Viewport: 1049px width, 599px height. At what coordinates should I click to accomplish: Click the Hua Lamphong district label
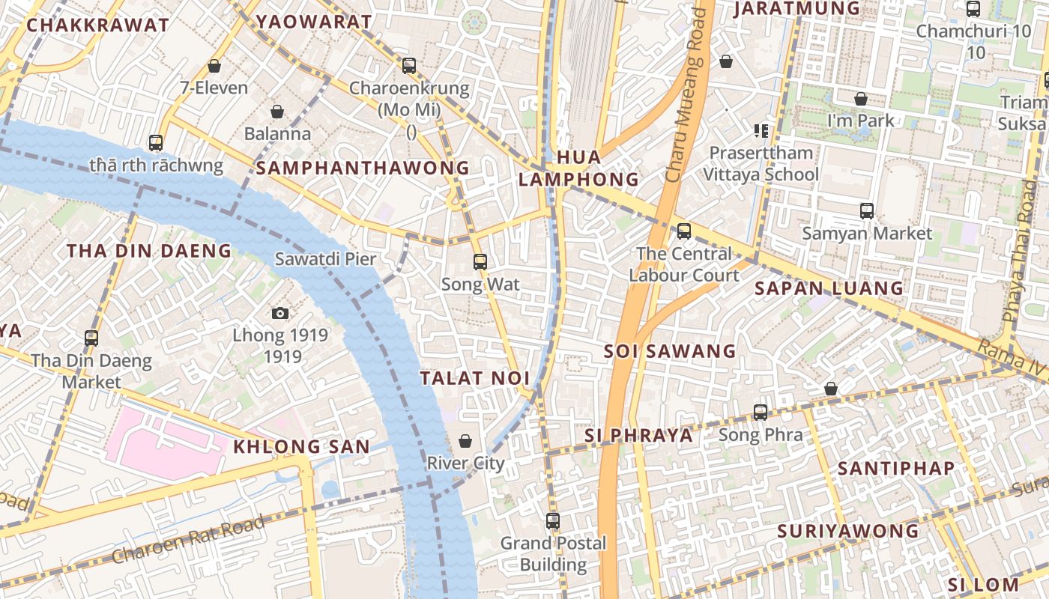pos(578,168)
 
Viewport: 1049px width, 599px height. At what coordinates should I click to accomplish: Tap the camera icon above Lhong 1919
pos(280,313)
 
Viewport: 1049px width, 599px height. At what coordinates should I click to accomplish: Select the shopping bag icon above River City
pos(465,440)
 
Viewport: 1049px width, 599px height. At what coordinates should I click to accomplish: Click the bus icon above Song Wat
pos(480,262)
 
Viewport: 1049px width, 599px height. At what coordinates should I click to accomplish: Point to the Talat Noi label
pos(474,378)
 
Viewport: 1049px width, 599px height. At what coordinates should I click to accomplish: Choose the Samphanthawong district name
pos(363,168)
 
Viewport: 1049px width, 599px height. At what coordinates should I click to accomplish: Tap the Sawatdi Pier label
pos(325,259)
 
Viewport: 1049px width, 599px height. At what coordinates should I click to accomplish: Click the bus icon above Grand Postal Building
pos(553,520)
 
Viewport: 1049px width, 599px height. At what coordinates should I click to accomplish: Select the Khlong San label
pos(301,447)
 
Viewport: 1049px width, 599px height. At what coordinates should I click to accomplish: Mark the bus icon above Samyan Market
pos(867,210)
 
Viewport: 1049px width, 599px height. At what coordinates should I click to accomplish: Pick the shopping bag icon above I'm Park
pos(861,98)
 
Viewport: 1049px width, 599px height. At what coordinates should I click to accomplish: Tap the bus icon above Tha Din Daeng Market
pos(91,338)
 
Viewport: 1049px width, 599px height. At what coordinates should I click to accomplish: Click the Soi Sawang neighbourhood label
pos(670,350)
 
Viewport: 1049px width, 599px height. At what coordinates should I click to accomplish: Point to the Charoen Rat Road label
pos(188,540)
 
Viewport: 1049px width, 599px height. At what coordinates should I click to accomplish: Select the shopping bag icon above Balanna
pos(277,112)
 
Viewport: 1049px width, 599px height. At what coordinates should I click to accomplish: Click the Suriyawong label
pos(847,531)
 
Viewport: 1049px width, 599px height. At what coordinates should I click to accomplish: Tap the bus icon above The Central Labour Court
pos(683,231)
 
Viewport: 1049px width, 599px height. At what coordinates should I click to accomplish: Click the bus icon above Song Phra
pos(761,412)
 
